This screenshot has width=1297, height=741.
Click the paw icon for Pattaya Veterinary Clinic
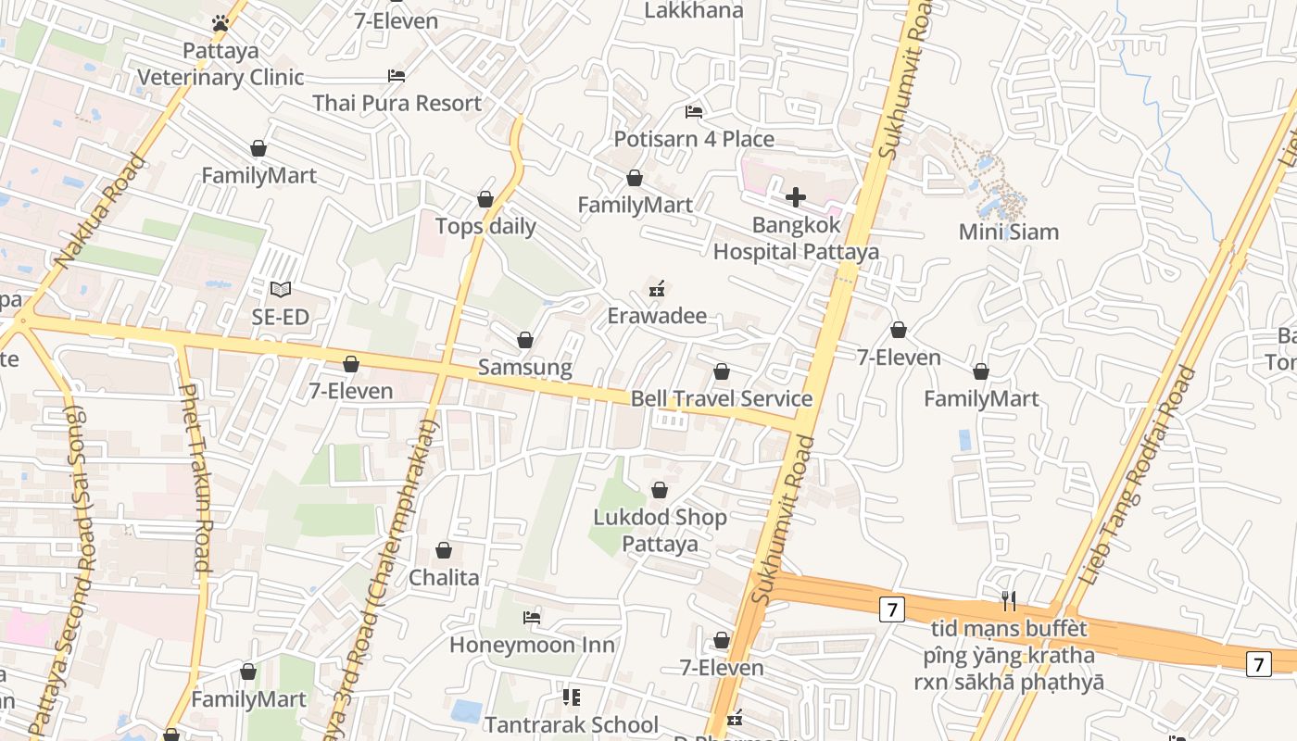click(x=220, y=23)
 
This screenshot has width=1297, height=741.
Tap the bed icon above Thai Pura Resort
click(x=397, y=76)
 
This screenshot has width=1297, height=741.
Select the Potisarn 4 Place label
click(x=694, y=139)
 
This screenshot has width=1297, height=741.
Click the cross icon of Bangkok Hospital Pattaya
click(x=795, y=197)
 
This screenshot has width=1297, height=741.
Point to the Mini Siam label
click(x=1008, y=232)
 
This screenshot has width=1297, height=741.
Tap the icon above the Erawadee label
click(x=657, y=289)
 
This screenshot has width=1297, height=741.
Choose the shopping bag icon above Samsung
click(x=525, y=340)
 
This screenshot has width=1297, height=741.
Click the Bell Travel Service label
click(x=721, y=398)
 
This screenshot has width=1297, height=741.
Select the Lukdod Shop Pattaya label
click(x=660, y=530)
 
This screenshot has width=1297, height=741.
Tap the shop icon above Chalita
click(x=444, y=550)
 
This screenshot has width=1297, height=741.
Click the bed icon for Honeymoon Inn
click(x=532, y=617)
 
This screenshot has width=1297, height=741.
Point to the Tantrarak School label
click(x=572, y=724)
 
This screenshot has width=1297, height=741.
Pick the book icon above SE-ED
click(x=280, y=290)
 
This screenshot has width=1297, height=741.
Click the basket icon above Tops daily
click(x=485, y=199)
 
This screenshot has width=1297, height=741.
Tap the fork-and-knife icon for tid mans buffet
click(x=1009, y=602)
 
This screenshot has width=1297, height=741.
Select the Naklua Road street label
click(x=100, y=211)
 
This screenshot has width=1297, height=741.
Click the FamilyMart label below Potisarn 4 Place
click(x=635, y=205)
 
